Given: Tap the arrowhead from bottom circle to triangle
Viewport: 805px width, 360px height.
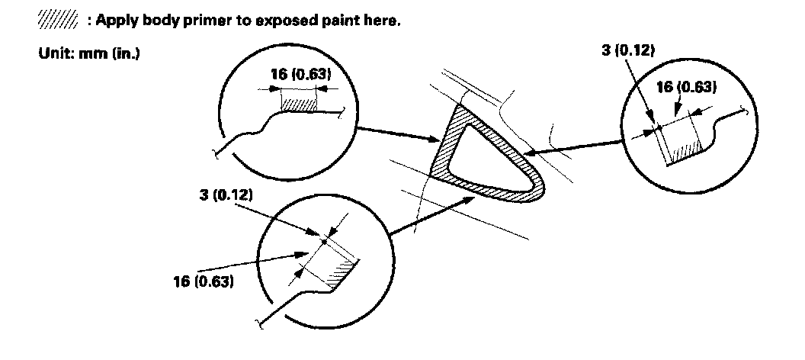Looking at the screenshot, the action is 471,198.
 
